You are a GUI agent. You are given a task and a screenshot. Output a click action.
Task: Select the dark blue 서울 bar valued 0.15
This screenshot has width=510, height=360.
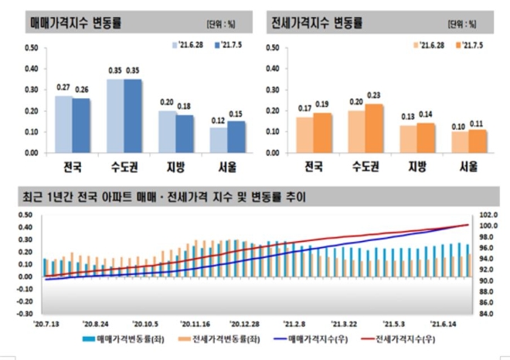point(236,137)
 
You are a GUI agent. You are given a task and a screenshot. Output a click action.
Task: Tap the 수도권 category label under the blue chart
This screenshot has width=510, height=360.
point(124,166)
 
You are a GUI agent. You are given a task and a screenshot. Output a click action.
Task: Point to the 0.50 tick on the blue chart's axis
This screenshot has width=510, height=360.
point(31,48)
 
